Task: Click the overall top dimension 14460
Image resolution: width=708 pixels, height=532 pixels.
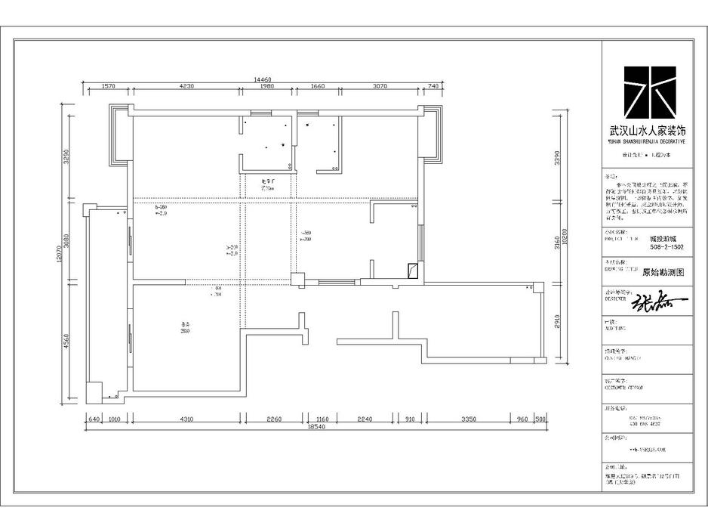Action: click(262, 79)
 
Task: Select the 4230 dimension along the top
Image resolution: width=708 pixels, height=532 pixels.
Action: click(186, 87)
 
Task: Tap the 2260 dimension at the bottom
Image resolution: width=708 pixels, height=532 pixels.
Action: click(272, 419)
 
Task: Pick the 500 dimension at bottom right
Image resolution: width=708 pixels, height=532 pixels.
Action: click(540, 419)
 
